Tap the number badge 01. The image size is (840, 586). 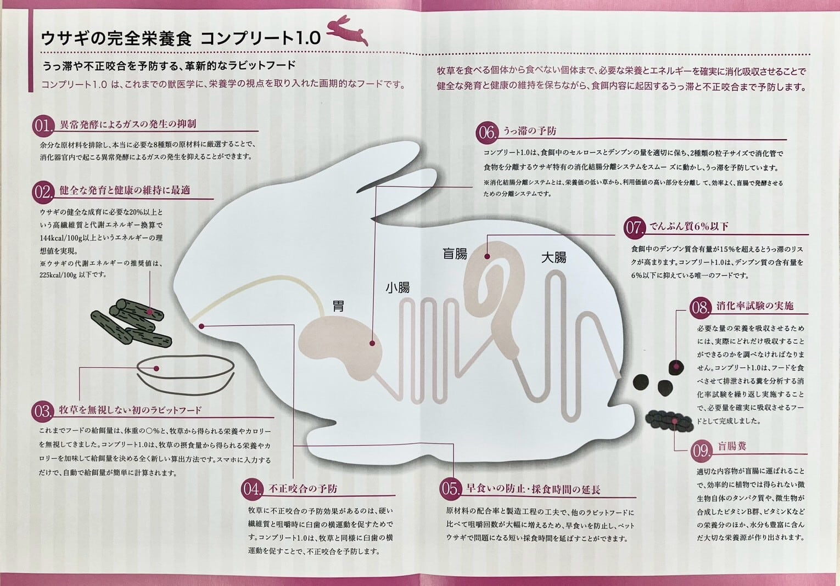pos(43,126)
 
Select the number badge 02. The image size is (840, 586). pos(43,192)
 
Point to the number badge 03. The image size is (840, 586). pos(43,410)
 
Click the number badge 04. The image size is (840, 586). pos(252,488)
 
